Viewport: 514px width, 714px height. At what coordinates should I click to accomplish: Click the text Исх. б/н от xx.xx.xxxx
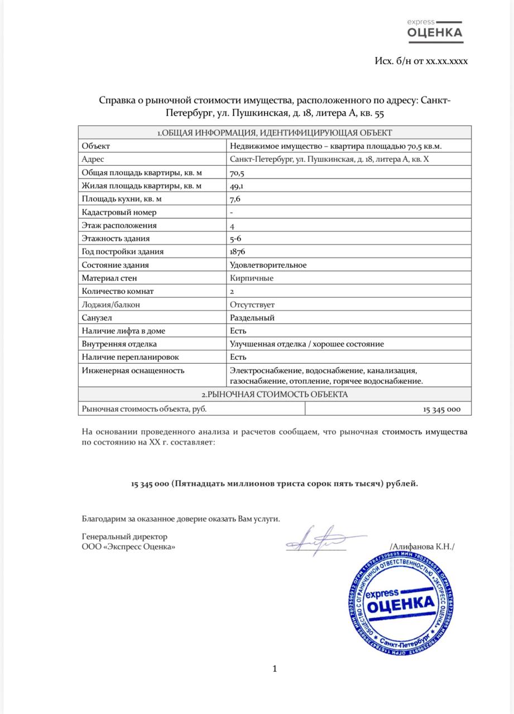point(421,61)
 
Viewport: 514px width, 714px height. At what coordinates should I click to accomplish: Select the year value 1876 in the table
point(238,252)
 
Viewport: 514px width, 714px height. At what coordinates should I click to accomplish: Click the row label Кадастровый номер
point(119,212)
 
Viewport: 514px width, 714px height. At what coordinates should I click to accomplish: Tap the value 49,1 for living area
point(236,186)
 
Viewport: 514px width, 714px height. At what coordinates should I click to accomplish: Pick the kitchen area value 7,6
point(235,199)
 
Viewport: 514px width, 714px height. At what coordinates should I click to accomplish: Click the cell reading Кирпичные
point(252,278)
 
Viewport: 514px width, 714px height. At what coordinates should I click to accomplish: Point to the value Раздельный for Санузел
point(252,318)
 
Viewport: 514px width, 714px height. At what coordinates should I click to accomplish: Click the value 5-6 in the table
point(236,239)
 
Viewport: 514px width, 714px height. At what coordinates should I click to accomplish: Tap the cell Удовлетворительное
point(268,265)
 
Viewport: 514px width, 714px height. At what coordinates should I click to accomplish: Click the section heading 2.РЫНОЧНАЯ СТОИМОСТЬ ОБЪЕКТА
point(274,394)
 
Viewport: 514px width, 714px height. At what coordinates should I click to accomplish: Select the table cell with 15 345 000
point(441,409)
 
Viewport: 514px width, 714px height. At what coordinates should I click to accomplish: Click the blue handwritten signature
point(318,539)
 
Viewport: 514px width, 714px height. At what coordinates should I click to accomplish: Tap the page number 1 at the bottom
point(274,669)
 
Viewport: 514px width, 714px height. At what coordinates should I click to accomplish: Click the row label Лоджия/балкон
point(111,305)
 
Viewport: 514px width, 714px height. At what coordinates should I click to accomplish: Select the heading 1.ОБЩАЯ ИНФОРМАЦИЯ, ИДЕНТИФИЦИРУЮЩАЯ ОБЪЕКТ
point(274,133)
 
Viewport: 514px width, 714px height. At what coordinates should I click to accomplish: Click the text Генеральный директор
point(124,537)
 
